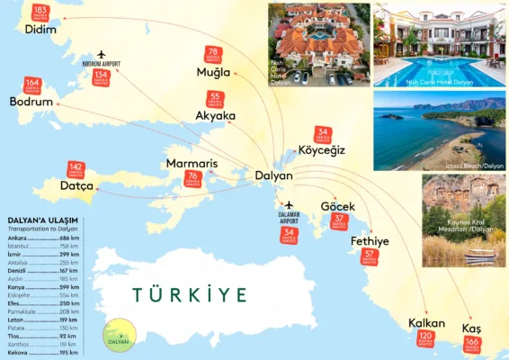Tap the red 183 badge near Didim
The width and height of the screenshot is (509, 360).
40,12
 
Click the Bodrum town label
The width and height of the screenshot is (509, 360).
31,102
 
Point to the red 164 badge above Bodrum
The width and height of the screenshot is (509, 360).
33,85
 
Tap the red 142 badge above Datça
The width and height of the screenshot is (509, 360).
77,169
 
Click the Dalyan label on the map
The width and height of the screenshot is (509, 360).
273,175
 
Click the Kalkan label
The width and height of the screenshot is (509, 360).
426,322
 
